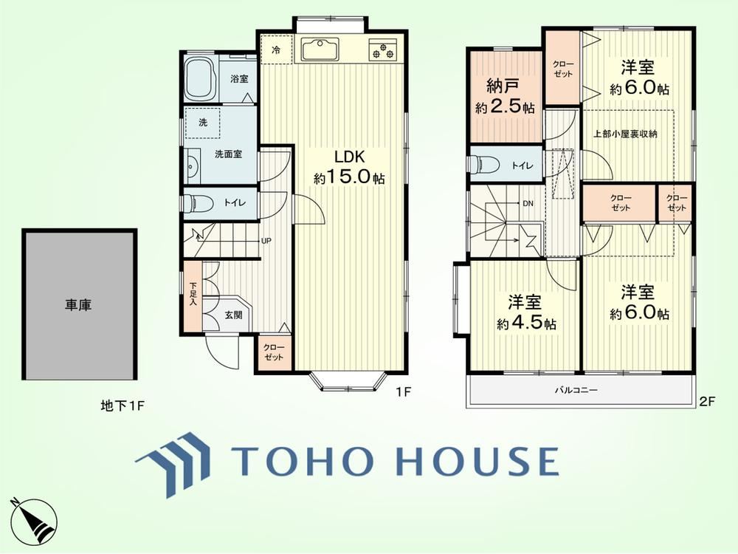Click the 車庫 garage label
tap(78, 305)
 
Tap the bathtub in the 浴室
tap(199, 79)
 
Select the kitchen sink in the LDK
tap(320, 49)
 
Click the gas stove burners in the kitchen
tap(382, 49)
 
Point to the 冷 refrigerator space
tap(276, 49)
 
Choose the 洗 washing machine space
tap(202, 123)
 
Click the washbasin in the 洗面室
tap(192, 165)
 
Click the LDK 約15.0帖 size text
tap(349, 177)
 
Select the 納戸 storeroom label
tap(503, 87)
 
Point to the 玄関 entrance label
tap(233, 315)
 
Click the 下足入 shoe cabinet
tap(193, 295)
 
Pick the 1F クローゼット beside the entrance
tap(274, 352)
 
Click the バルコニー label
tap(576, 390)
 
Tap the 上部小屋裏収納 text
tap(624, 134)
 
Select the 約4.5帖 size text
tap(526, 324)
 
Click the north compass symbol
tap(33, 521)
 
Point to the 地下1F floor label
tap(123, 406)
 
